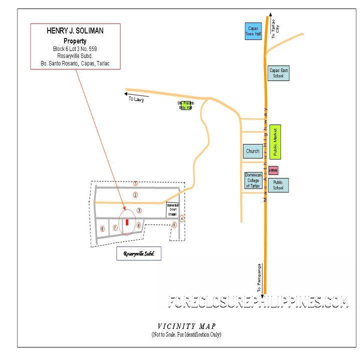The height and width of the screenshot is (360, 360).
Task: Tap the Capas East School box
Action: (278, 73)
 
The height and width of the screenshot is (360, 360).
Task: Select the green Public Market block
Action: (275, 142)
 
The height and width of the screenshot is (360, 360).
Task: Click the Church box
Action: (252, 151)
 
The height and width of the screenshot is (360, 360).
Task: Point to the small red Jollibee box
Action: (273, 170)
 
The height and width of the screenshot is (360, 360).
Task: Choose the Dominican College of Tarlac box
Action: (252, 180)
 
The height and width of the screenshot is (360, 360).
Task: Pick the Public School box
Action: (278, 185)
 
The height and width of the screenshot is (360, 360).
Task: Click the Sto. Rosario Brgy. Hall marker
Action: (186, 105)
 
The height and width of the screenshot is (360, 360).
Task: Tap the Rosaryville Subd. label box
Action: (139, 253)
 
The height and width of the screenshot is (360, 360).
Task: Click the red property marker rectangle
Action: (127, 222)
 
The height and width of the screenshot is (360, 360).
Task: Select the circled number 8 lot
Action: (102, 229)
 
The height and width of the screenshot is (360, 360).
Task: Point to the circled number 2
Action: (135, 194)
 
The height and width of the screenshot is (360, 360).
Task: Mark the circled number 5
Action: (174, 225)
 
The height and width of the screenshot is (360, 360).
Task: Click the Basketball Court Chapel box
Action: (172, 210)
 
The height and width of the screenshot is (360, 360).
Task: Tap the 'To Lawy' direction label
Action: (136, 99)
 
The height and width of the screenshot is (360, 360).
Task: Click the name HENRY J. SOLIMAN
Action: (75, 31)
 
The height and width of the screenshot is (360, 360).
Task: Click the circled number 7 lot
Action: (115, 228)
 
